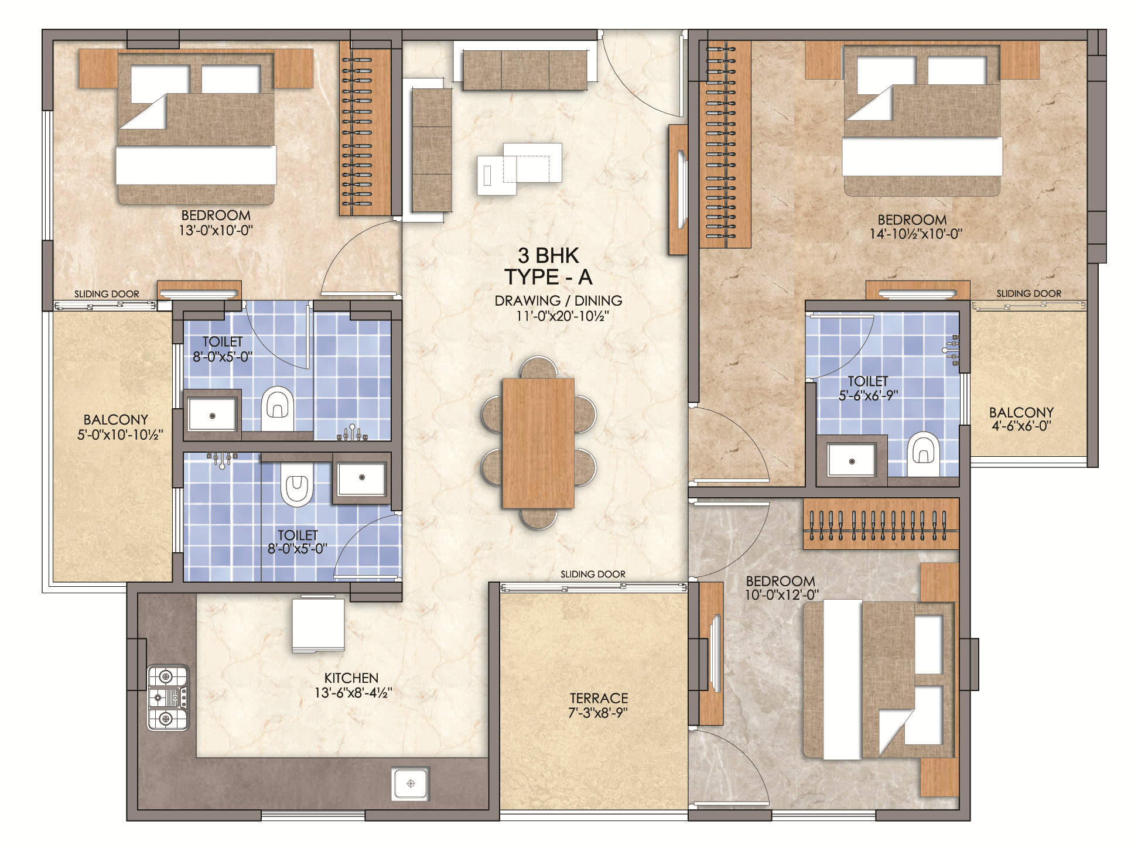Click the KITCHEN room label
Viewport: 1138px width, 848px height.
coord(351,678)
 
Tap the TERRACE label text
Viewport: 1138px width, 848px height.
coord(599,698)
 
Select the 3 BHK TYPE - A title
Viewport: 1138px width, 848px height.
coord(548,266)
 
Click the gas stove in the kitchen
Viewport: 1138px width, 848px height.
coord(168,697)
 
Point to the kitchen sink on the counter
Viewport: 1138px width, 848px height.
coord(411,784)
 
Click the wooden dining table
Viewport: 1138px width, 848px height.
coord(538,443)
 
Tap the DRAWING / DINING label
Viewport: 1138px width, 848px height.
coord(558,300)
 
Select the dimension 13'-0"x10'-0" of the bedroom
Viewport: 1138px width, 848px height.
coord(216,230)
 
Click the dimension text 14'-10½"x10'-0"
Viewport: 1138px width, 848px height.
coord(915,234)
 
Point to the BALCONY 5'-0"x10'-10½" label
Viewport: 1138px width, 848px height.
coord(119,427)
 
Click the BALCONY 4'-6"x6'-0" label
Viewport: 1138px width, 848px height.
coord(1021,419)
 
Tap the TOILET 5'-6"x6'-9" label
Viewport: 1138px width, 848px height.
coord(868,388)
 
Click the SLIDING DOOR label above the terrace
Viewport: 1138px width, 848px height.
coord(593,574)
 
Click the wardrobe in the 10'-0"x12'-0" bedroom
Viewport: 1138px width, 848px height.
coord(881,524)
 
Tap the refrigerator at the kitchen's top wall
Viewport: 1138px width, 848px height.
coord(318,624)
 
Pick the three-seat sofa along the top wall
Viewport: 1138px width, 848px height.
coord(525,70)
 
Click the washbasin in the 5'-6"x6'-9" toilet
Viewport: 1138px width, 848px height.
coord(852,460)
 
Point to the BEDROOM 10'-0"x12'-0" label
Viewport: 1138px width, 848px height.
coord(781,588)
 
